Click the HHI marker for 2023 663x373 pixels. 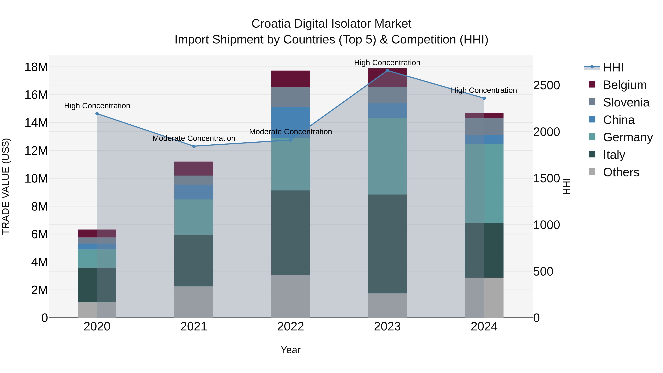387,71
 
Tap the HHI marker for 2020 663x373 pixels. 97,113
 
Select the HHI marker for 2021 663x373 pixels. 194,146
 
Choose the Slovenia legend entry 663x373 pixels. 626,102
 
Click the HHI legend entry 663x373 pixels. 613,67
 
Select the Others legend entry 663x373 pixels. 621,172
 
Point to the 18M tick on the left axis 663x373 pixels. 36,67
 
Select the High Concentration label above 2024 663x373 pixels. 484,90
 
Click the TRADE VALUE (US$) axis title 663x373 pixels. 6,186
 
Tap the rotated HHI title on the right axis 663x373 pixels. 567,186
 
